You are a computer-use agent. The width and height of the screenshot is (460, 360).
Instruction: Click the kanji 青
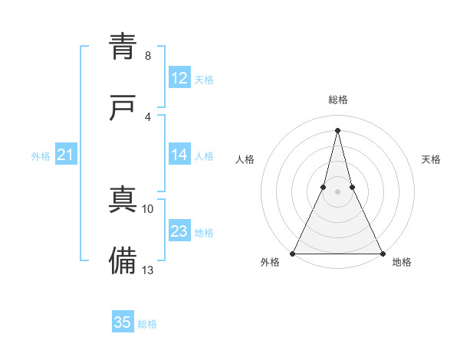tap(123, 47)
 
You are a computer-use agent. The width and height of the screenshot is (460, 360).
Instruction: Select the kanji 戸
tap(123, 108)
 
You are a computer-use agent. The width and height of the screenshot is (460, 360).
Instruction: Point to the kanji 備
tap(123, 261)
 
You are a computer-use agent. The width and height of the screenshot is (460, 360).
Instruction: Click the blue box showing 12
tap(179, 78)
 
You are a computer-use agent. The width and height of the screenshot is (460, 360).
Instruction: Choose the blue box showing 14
tap(179, 155)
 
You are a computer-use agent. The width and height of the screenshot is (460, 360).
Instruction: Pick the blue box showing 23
tap(179, 232)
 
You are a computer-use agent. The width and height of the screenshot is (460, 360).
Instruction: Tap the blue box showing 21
tap(66, 155)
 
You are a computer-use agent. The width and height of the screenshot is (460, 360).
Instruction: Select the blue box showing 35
tap(123, 322)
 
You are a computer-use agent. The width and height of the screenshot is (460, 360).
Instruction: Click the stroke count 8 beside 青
tap(148, 56)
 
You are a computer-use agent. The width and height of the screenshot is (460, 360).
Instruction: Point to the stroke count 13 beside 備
tap(148, 270)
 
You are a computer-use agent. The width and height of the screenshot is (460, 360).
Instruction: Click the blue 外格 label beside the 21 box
tap(41, 156)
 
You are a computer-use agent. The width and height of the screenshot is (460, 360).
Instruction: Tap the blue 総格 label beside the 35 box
tap(147, 324)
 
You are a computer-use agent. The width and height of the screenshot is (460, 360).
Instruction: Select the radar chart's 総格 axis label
tap(338, 100)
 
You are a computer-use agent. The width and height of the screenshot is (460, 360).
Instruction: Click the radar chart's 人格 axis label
tap(245, 159)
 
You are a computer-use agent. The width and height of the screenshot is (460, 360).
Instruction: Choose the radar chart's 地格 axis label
tap(402, 262)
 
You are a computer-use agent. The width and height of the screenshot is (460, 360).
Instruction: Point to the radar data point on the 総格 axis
tap(337, 129)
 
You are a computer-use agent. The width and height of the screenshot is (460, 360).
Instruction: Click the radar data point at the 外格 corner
tap(294, 253)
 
